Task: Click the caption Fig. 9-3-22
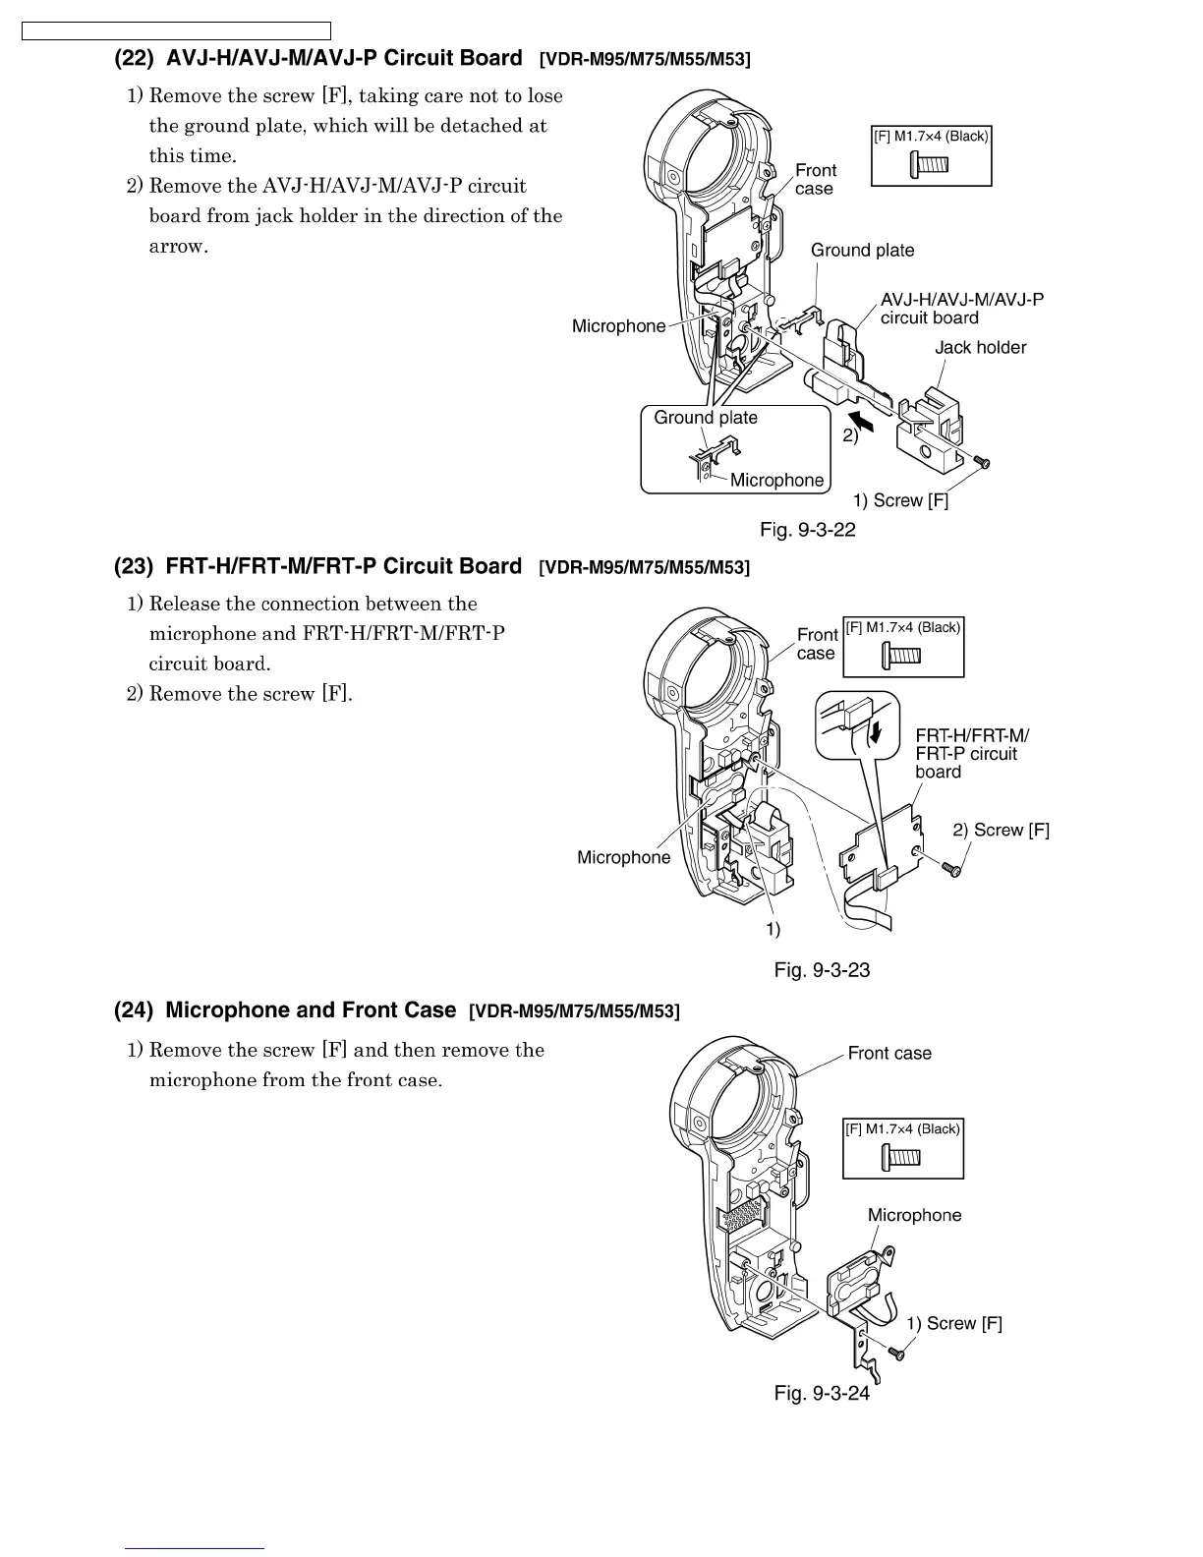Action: [808, 531]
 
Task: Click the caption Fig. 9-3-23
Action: [822, 970]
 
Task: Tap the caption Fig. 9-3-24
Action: [822, 1393]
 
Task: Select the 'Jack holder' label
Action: [980, 347]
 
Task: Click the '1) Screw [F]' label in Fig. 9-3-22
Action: [900, 500]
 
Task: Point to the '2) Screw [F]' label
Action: [1001, 830]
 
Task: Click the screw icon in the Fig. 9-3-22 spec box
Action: [930, 163]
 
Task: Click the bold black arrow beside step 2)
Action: [863, 421]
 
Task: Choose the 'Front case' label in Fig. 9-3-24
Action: [889, 1053]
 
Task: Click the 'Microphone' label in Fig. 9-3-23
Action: [623, 857]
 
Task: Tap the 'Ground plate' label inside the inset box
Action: [706, 418]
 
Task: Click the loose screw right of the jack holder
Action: [981, 461]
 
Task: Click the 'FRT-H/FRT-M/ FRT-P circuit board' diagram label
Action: [971, 753]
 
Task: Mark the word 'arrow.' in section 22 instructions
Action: [178, 246]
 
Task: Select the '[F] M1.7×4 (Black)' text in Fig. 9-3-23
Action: [903, 627]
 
